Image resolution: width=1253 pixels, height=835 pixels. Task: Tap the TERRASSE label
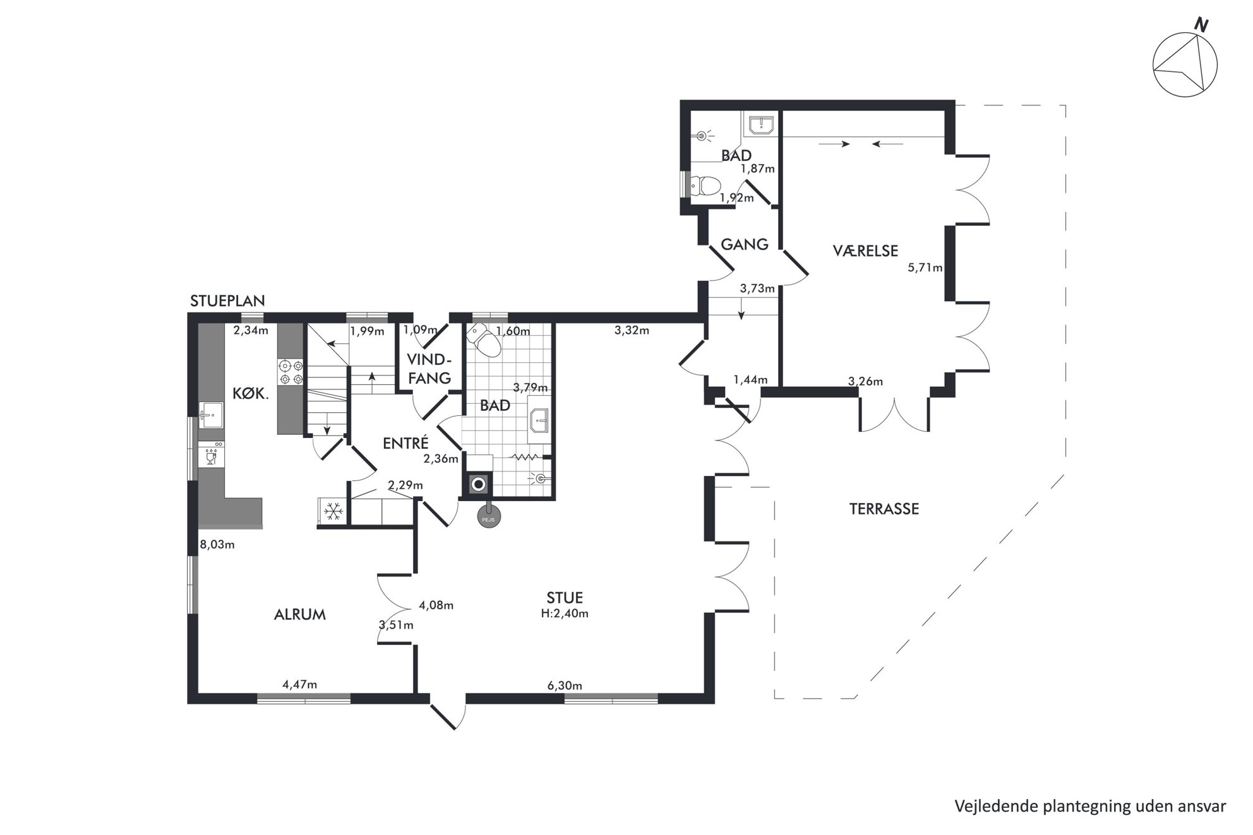[x=884, y=509]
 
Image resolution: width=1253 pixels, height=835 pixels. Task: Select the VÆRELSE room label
[x=865, y=251]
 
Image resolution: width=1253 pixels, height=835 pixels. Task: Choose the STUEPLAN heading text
[x=227, y=301]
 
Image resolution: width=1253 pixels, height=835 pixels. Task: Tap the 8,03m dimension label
[x=217, y=544]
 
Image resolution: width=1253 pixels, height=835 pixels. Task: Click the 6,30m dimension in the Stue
[x=565, y=685]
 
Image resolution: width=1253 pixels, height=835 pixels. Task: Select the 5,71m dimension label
[x=925, y=268]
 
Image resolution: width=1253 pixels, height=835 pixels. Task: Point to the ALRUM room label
[x=300, y=614]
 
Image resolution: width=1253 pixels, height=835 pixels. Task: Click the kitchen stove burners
[x=291, y=372]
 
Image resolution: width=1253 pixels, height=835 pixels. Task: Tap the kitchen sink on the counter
[x=211, y=415]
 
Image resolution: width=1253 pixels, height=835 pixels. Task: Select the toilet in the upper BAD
[x=704, y=186]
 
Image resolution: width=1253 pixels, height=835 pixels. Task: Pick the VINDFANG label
[x=429, y=369]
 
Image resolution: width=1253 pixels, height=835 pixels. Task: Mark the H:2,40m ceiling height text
[x=565, y=613]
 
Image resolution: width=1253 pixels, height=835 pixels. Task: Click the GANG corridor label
[x=745, y=244]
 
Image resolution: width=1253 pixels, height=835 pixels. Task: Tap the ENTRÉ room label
[x=405, y=443]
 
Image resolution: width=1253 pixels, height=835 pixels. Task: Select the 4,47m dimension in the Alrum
[x=299, y=684]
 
